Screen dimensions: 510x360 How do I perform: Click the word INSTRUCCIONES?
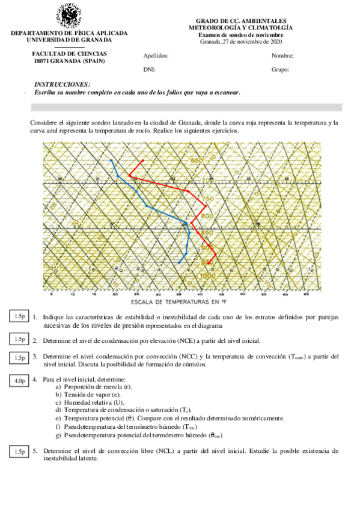[x=63, y=84]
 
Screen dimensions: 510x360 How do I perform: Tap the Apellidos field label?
[x=156, y=55]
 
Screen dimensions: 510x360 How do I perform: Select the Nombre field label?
[x=282, y=55]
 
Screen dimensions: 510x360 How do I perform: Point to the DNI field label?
[x=150, y=70]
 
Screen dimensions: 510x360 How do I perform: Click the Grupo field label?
[x=280, y=70]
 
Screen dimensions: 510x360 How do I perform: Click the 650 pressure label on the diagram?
[x=197, y=161]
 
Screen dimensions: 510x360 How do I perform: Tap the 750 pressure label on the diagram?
[x=208, y=198]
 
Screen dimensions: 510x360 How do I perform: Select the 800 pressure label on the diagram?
[x=207, y=216]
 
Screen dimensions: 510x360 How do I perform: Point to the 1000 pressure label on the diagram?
[x=207, y=275]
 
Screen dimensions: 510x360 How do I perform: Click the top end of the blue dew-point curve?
[x=111, y=160]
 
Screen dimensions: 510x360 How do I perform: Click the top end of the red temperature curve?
[x=143, y=161]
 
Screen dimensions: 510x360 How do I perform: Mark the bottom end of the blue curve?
[x=179, y=263]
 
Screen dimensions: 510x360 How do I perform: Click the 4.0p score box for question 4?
[x=19, y=381]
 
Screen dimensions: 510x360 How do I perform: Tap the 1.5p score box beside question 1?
[x=19, y=316]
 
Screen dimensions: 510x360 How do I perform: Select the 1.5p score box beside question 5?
[x=19, y=452]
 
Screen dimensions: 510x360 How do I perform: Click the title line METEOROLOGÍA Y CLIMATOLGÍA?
[x=240, y=28]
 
